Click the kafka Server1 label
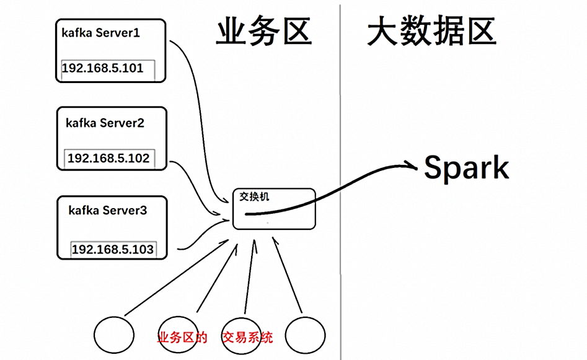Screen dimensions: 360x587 [x=100, y=33]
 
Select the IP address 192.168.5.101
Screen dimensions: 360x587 [x=103, y=68]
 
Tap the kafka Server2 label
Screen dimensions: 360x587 [x=105, y=123]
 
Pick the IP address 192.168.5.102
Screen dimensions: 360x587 [x=108, y=158]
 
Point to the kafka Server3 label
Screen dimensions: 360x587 [x=107, y=211]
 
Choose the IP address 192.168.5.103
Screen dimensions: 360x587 [x=112, y=250]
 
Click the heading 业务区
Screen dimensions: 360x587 [x=263, y=32]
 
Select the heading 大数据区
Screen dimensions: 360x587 [x=431, y=32]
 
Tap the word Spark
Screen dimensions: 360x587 [x=466, y=169]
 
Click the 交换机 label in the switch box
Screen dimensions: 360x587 [x=255, y=197]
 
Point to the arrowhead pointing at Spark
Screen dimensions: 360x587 [x=412, y=165]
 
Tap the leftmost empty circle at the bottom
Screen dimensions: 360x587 [x=114, y=335]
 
